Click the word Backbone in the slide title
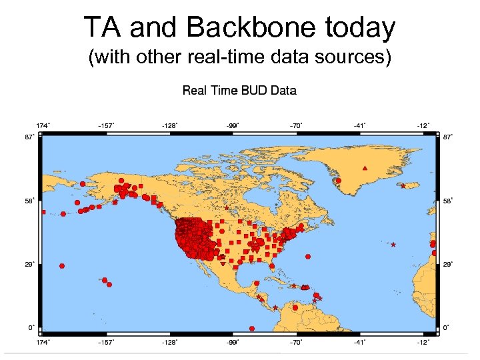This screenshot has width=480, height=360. coord(245,28)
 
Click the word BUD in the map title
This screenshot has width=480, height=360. coord(250,91)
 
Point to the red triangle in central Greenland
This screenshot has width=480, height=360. coord(364,168)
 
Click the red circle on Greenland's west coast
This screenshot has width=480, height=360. coord(339,180)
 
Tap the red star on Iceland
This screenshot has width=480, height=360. coord(403,186)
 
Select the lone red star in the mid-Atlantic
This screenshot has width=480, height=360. coord(393,245)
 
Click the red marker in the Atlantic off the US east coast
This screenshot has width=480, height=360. coord(310,256)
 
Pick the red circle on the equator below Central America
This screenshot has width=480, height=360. coord(252,328)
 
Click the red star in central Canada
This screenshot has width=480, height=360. coord(227,208)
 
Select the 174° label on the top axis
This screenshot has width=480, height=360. coord(41,125)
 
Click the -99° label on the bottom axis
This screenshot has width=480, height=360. coord(232,342)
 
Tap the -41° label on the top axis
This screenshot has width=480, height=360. coord(360,125)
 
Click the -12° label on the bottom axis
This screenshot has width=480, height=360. coord(423,342)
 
